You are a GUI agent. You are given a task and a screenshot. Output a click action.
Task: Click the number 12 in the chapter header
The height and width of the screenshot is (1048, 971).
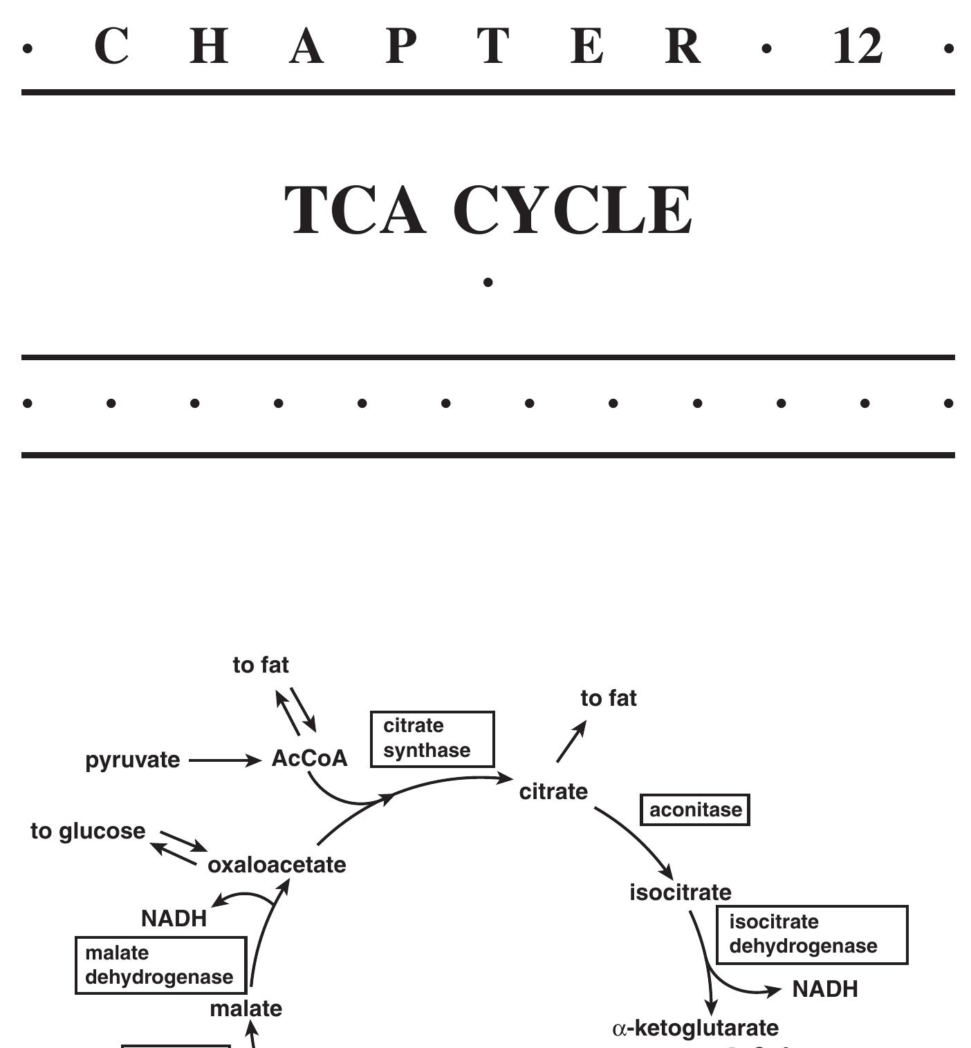coord(858,47)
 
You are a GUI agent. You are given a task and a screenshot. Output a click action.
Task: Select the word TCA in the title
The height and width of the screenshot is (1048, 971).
coord(355,210)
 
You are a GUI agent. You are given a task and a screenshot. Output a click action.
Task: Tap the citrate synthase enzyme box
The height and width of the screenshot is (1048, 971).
coord(432,738)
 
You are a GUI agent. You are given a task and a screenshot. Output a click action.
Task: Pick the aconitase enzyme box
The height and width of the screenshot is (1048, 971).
coord(695,810)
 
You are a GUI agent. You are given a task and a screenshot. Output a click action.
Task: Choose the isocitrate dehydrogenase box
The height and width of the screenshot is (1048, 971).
coord(811,934)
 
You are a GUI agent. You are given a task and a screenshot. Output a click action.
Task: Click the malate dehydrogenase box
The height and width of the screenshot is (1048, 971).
coord(160,965)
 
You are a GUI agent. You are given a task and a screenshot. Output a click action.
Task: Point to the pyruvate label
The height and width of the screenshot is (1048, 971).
coord(133,760)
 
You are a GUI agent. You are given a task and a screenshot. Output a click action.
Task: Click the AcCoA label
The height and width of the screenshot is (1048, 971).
coord(309,758)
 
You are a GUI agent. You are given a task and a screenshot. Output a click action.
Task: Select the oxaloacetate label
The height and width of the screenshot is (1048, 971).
coord(277,865)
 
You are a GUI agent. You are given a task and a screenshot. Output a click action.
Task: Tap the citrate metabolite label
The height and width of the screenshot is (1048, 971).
coord(553,792)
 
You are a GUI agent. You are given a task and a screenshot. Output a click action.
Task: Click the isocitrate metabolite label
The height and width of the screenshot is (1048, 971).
coord(681,892)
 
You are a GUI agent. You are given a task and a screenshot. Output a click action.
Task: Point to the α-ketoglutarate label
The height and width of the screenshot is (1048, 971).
coord(696,1028)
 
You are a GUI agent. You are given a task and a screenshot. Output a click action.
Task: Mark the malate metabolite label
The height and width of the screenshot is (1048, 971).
coord(246,1009)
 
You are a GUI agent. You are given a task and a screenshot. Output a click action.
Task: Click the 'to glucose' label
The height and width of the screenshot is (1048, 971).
coord(89,831)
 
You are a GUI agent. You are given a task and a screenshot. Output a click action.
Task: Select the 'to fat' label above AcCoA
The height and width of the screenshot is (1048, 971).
coord(261,665)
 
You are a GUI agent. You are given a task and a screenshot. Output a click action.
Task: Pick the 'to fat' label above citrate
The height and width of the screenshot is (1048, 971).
coord(609,698)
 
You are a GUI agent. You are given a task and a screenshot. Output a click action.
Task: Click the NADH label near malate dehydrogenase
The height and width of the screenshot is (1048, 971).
coord(174,918)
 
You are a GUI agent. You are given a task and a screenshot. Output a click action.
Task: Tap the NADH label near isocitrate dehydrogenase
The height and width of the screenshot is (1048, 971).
coord(825,989)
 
